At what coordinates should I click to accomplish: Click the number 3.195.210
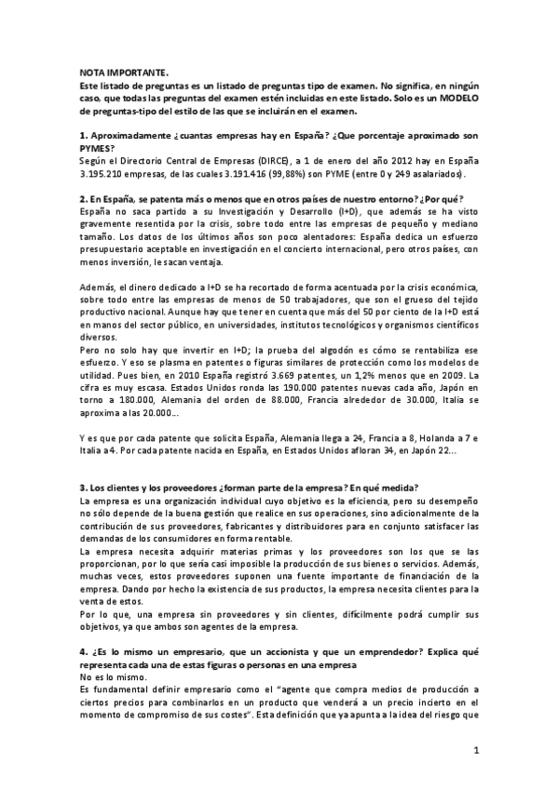(x=108, y=174)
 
